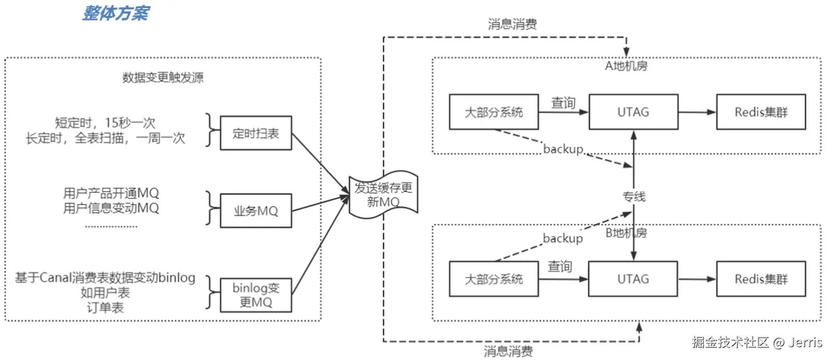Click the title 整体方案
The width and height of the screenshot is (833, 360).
tap(116, 13)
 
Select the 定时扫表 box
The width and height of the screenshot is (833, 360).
tap(256, 133)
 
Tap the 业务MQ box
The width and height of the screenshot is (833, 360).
tap(256, 211)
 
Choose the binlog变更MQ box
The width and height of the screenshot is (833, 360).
tap(256, 295)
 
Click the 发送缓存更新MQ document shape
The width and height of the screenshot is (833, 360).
tap(383, 195)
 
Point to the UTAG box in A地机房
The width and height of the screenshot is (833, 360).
tap(633, 112)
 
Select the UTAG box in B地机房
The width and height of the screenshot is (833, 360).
tap(633, 279)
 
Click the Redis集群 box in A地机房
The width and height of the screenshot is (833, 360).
tap(761, 112)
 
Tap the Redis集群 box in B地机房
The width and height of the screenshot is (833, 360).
tap(761, 279)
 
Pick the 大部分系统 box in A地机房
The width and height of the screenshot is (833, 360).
tap(493, 112)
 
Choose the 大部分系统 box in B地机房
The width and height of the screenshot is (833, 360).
tap(493, 279)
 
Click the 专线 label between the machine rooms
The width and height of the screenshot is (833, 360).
tap(634, 196)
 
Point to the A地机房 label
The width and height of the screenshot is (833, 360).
tap(626, 66)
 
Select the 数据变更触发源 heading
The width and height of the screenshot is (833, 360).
tap(163, 77)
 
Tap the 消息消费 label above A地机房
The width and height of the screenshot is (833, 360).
tap(512, 24)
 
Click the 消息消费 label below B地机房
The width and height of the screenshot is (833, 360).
tap(508, 352)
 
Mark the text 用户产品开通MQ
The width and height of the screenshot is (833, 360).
tap(111, 193)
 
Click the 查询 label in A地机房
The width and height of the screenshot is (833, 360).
tap(563, 103)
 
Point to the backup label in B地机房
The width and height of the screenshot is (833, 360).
tap(563, 238)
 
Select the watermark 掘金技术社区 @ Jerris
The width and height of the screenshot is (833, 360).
tap(757, 342)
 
